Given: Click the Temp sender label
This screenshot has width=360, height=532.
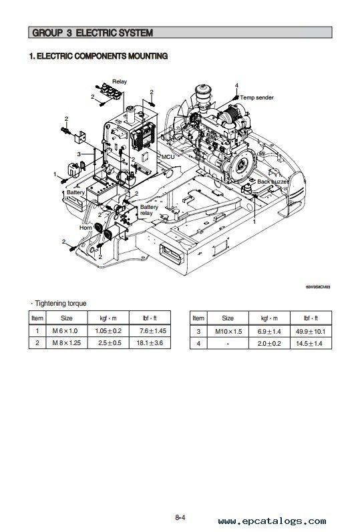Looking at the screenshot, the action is [256, 97].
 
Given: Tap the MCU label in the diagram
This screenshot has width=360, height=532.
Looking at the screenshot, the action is [168, 157].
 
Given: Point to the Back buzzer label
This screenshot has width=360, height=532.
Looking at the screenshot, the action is [273, 182].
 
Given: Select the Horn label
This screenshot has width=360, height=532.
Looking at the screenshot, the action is [85, 228].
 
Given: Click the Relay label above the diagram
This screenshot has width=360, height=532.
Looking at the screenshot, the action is [120, 81].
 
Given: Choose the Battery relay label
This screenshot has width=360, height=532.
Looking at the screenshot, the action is [149, 210].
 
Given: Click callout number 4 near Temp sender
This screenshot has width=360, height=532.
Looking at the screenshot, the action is [236, 85].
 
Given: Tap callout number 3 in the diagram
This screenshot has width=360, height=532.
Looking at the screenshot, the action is [79, 154].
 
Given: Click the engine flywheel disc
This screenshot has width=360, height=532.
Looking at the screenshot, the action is [242, 166].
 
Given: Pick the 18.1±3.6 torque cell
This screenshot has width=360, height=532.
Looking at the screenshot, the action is [150, 342].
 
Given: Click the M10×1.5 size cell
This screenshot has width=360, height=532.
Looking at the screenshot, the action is [228, 332].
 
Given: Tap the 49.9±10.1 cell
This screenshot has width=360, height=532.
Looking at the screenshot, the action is [311, 332].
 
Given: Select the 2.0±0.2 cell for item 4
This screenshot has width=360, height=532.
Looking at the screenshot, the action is [269, 343].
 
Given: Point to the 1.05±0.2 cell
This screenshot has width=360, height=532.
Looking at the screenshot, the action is [108, 331].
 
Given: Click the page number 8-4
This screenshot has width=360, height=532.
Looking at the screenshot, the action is [180, 517].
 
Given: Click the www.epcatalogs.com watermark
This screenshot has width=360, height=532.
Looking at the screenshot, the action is [272, 521].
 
